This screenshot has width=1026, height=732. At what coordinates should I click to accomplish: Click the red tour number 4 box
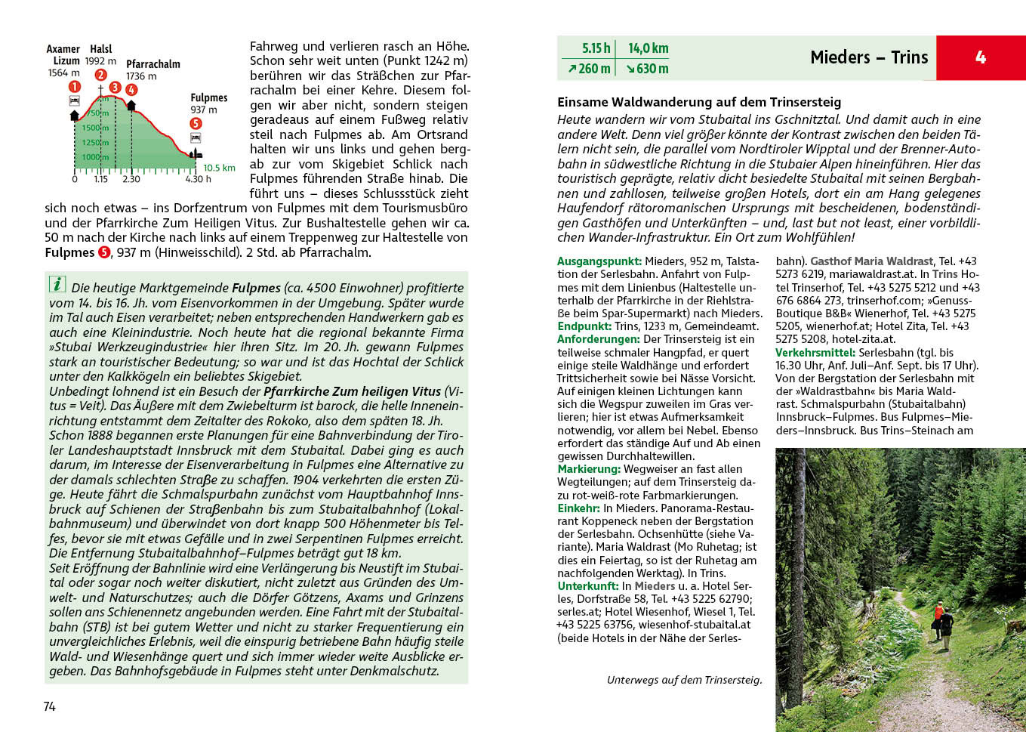tap(980, 57)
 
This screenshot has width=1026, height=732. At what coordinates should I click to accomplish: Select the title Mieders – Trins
tap(868, 57)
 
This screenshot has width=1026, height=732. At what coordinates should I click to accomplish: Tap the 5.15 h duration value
tap(596, 48)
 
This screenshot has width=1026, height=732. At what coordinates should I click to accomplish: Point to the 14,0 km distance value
tap(648, 48)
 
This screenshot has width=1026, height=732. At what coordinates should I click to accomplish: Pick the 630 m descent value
tap(647, 69)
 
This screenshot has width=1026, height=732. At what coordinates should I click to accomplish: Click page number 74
tap(50, 706)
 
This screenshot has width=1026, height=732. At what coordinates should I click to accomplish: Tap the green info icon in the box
tap(57, 284)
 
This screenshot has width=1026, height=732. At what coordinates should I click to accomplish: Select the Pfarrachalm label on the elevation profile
tap(153, 64)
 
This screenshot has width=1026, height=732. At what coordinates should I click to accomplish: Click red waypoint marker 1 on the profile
tap(75, 87)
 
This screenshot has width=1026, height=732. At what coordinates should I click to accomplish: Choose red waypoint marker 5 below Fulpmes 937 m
tap(196, 123)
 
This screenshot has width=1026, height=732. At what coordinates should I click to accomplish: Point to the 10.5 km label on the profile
tap(219, 168)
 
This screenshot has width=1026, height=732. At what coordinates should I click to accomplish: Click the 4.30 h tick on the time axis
tap(198, 179)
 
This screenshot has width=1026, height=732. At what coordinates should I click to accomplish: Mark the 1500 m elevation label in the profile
tap(94, 128)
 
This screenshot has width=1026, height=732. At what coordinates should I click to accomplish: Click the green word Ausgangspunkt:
tap(599, 261)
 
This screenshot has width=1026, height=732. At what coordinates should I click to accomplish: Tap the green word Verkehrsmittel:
tap(815, 352)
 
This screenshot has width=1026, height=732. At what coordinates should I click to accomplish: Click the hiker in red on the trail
tap(938, 610)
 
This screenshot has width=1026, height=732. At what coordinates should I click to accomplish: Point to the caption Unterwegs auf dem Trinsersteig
tap(684, 680)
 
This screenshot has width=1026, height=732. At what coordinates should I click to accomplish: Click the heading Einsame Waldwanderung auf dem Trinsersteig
tap(698, 102)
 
